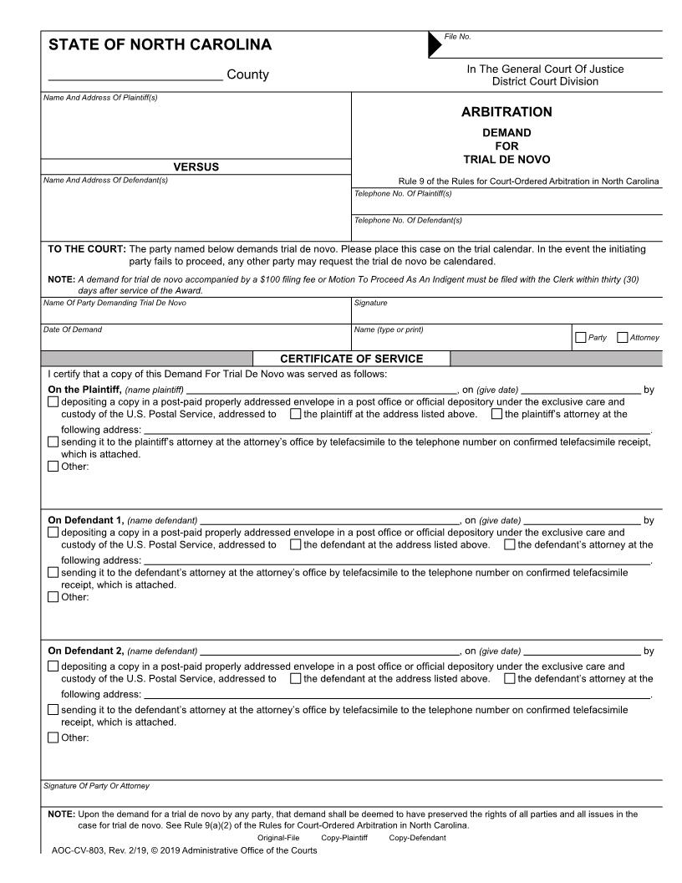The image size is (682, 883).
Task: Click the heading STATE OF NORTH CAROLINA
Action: point(160,45)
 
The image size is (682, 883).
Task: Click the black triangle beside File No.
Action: point(435,45)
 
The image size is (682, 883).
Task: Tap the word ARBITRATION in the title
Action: point(506,112)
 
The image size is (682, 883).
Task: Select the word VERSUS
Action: point(196,167)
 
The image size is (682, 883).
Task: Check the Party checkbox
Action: point(580,338)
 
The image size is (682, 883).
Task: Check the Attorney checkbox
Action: point(622,338)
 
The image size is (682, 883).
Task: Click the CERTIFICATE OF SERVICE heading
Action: point(351,359)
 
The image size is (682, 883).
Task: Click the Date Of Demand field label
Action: point(72,329)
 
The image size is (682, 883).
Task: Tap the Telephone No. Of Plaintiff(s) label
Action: point(403,193)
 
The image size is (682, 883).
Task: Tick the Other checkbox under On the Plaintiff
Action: point(54,467)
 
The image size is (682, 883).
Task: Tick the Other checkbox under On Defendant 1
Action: point(54,597)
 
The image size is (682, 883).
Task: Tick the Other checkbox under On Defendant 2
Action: point(54,738)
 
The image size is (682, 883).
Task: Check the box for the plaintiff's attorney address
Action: point(497,414)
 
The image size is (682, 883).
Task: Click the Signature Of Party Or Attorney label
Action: point(96,786)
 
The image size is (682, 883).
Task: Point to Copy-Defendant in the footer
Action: point(417,838)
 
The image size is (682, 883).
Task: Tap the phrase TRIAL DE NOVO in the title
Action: point(506,160)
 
